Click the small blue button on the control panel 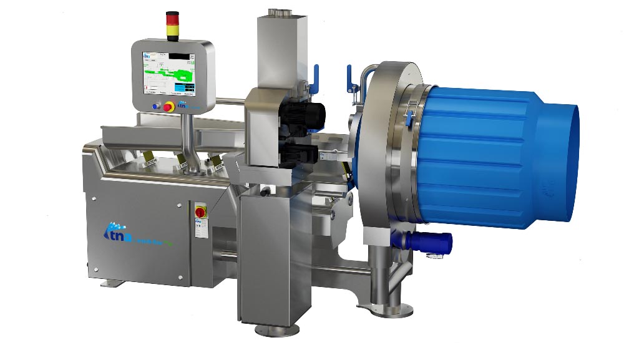[x=155, y=107]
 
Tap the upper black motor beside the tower [x=301, y=115]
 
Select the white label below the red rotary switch [x=200, y=228]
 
